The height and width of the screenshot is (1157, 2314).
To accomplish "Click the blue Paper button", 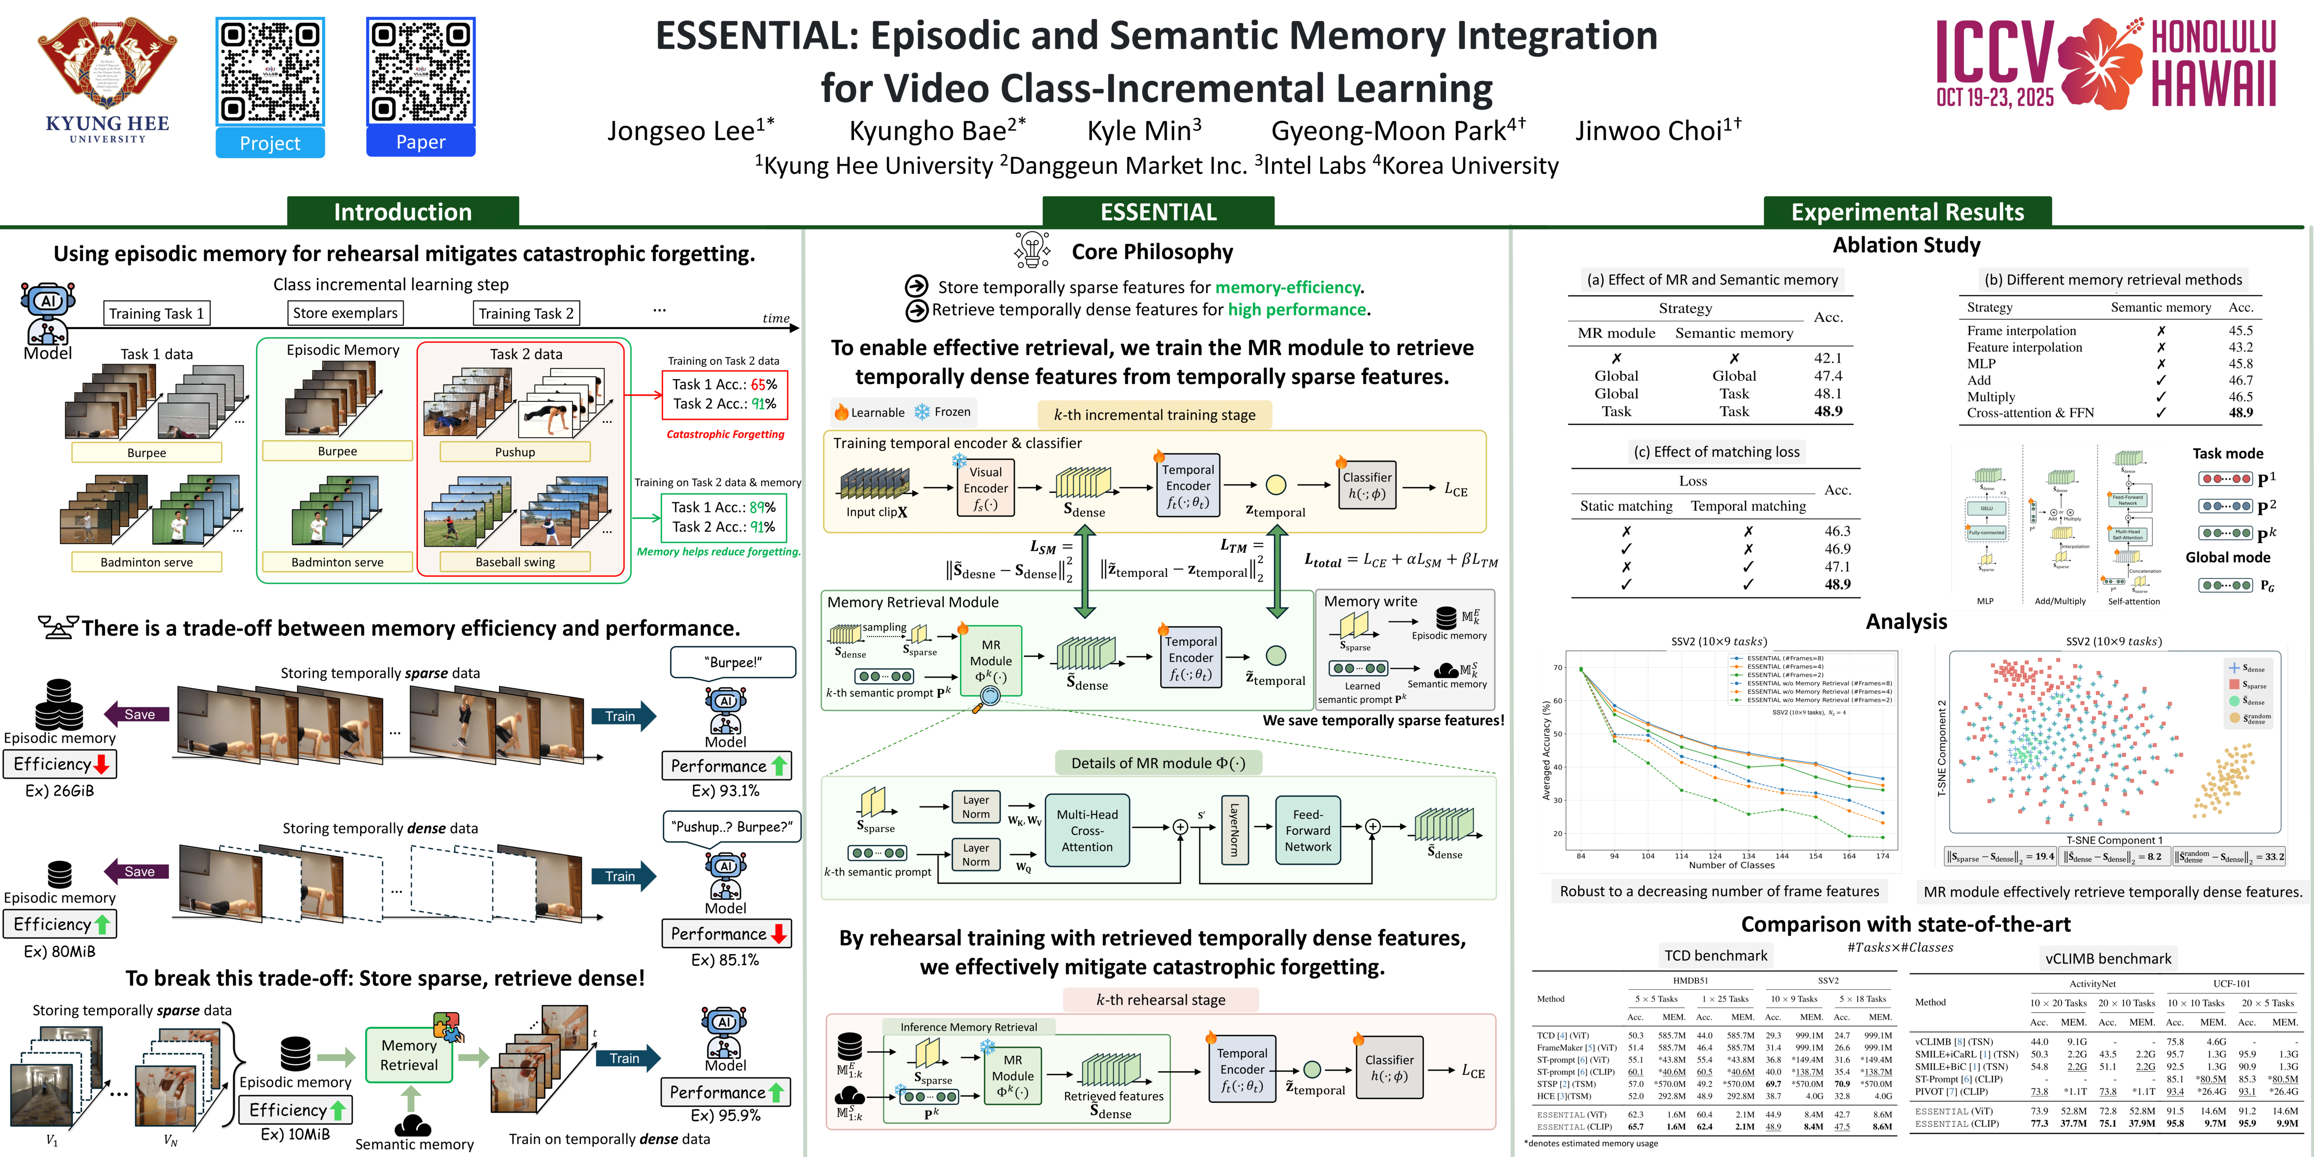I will (420, 142).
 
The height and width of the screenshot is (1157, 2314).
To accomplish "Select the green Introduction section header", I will (402, 212).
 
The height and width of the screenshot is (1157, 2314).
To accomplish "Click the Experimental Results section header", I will (1907, 212).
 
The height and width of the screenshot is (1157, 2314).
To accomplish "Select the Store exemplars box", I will (345, 313).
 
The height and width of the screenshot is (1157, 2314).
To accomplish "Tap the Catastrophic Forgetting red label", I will (725, 434).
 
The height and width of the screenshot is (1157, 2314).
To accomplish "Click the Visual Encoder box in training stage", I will (985, 488).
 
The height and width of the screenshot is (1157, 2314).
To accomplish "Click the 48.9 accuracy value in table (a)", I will (1828, 411).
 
